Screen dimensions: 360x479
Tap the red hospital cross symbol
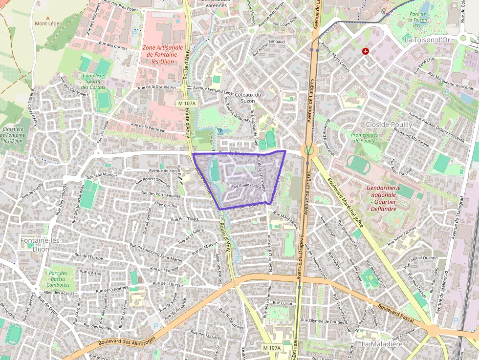(x=365, y=51)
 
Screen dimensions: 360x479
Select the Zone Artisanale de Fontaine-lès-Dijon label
(x=163, y=58)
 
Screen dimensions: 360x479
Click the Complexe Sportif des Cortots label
(x=94, y=82)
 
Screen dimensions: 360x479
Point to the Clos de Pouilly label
(x=389, y=125)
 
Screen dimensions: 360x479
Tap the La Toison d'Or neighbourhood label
(x=427, y=39)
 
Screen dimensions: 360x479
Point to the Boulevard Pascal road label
(x=395, y=313)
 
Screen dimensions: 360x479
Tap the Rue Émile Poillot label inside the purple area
(x=246, y=186)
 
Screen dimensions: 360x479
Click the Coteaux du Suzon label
(x=248, y=97)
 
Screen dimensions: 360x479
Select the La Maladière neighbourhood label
(x=382, y=344)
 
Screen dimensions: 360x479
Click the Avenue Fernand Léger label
(x=214, y=88)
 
